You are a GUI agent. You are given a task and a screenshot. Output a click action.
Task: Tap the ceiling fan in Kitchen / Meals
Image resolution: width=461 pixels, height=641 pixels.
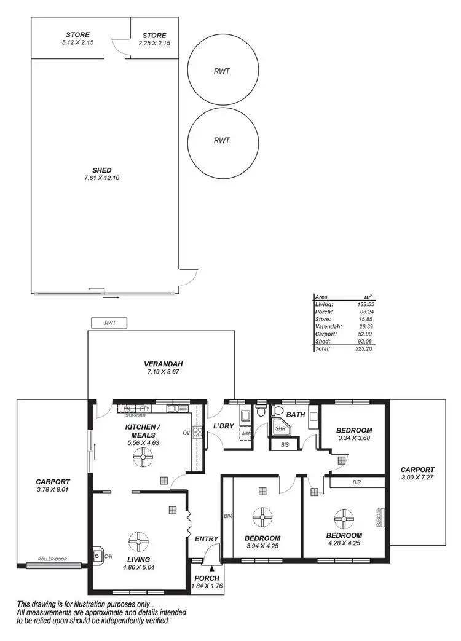[143, 457]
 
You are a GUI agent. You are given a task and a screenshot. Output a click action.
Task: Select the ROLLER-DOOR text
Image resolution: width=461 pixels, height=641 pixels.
[52, 560]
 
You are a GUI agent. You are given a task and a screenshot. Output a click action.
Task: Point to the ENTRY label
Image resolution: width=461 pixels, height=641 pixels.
[207, 539]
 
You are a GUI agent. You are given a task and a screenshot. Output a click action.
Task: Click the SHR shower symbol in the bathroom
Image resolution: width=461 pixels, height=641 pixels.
[280, 429]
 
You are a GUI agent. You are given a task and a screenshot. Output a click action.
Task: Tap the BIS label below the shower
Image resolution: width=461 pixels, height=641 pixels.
[284, 444]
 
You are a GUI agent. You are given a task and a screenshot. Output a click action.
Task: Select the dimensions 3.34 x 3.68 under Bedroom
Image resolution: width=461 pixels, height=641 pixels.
[355, 438]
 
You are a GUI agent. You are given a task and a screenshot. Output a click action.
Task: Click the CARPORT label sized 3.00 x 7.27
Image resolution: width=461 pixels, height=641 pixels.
[417, 473]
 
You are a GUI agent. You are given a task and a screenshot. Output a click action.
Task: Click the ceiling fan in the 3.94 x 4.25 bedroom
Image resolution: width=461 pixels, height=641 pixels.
[263, 516]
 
